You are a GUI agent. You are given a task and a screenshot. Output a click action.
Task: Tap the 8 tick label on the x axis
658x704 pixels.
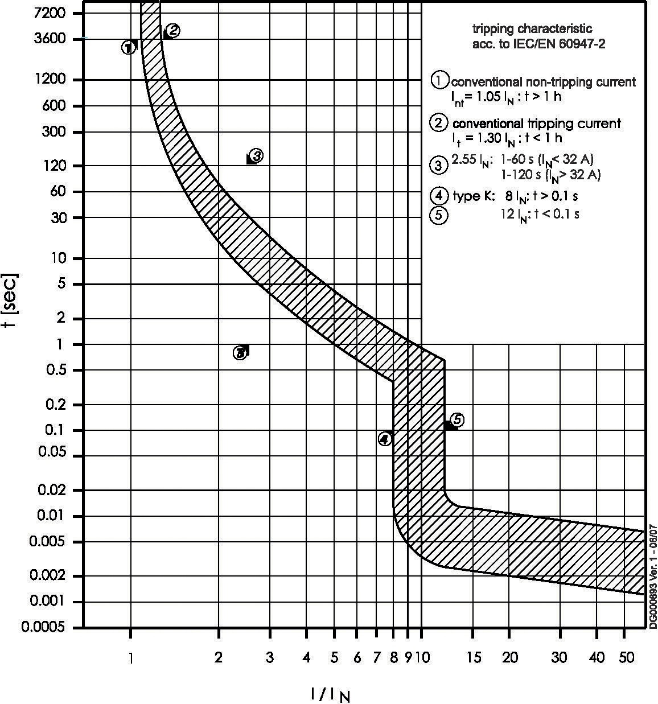tap(393, 658)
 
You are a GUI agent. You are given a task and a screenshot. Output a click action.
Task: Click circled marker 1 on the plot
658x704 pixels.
tap(129, 47)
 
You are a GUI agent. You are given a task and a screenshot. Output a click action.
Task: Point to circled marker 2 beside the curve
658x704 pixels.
tap(173, 31)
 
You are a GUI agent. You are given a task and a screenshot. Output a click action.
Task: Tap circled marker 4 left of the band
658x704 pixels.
tap(385, 439)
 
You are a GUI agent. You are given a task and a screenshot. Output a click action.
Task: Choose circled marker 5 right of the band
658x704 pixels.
tap(457, 420)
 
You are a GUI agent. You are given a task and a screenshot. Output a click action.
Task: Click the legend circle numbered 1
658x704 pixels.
tap(439, 81)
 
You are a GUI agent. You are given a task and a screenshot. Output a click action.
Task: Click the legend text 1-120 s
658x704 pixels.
tap(519, 175)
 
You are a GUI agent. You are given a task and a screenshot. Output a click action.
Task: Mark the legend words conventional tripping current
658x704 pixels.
tap(536, 123)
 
